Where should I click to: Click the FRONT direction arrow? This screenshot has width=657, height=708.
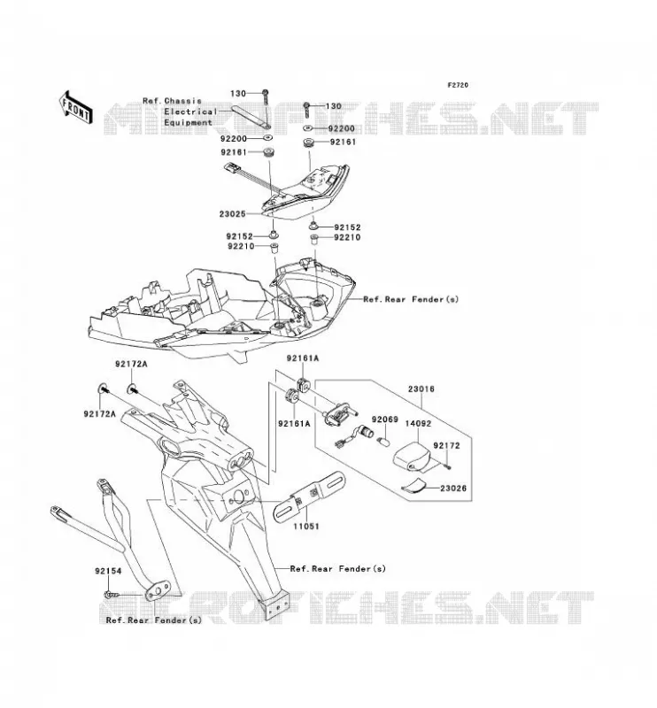[75, 107]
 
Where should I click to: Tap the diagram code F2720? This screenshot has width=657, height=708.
[458, 85]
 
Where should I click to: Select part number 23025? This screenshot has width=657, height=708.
[232, 214]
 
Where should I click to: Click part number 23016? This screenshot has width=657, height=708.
[421, 389]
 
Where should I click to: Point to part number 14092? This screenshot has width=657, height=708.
[418, 424]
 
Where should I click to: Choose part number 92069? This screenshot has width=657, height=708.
[385, 419]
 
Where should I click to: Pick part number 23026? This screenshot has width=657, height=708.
[453, 489]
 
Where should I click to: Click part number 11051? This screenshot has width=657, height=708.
[305, 526]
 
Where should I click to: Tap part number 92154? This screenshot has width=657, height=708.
[108, 571]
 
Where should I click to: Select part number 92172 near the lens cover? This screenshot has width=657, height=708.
[446, 446]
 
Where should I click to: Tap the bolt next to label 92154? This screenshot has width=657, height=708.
[111, 595]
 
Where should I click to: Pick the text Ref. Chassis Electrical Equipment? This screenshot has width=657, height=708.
[181, 112]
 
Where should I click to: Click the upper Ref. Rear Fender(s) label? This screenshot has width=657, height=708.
[411, 299]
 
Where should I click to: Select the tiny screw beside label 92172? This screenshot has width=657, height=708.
[447, 467]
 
